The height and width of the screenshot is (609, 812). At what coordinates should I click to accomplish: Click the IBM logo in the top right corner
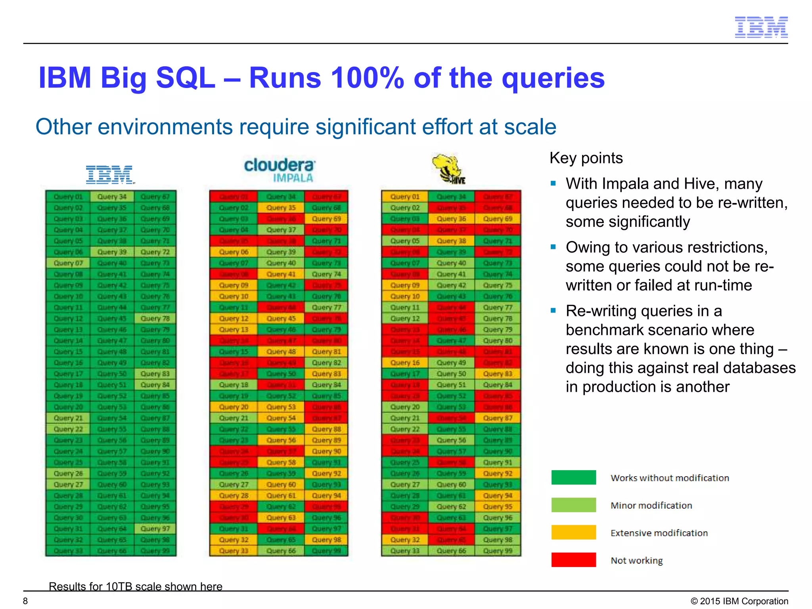(761, 27)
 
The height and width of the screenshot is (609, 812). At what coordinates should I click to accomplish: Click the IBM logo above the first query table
(110, 175)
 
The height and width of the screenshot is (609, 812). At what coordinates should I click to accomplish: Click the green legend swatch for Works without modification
(573, 477)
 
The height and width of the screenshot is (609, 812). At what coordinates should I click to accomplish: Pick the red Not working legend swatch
(573, 560)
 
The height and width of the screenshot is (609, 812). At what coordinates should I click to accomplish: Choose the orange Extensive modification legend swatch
(573, 532)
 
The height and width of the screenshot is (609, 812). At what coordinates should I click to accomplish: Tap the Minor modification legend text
(651, 505)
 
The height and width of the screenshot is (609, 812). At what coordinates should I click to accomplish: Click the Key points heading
(586, 158)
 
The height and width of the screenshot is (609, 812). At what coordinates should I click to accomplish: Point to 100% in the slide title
(367, 78)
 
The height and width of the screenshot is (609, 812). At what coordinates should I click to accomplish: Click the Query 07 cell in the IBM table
(68, 263)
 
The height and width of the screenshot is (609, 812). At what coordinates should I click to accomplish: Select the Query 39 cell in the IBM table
(112, 252)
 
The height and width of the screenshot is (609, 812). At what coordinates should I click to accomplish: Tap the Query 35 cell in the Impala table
(281, 208)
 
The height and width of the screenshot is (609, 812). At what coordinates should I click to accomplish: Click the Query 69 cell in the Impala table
(326, 219)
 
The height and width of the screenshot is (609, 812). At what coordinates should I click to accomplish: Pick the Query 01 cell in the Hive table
(405, 197)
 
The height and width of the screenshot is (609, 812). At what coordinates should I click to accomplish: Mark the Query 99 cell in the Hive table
(498, 551)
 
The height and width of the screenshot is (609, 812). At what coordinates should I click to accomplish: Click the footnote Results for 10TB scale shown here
(135, 586)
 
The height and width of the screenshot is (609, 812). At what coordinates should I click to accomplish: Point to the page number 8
(25, 601)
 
